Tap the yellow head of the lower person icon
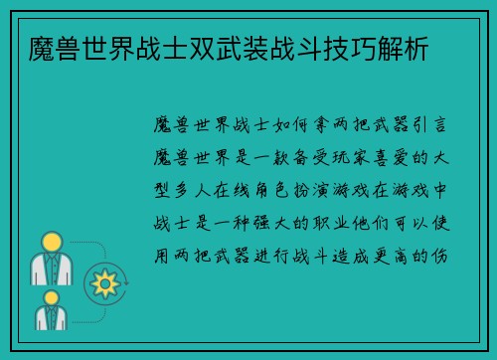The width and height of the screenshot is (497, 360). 47,299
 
